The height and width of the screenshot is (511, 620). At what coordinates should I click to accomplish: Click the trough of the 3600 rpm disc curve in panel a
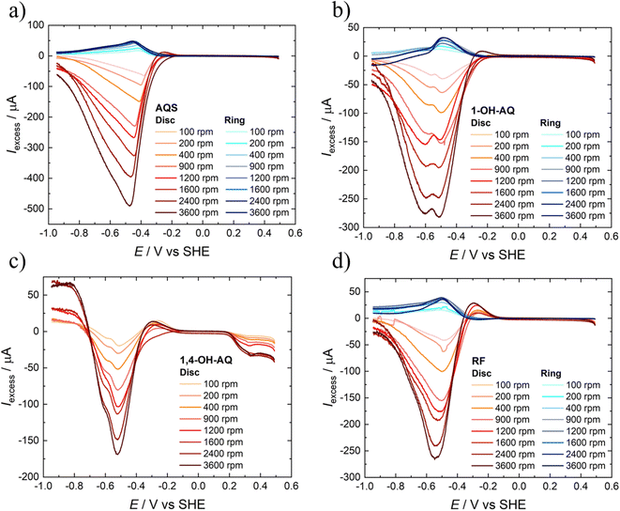(x=129, y=205)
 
